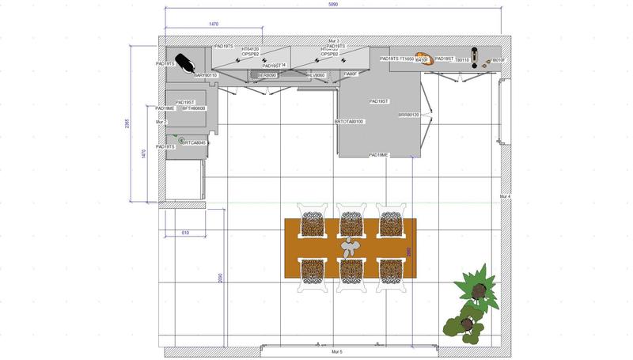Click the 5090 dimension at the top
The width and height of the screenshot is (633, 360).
(x=333, y=4)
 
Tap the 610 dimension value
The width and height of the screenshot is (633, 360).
(x=184, y=233)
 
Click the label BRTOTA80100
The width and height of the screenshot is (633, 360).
(x=349, y=122)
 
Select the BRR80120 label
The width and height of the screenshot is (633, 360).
(x=408, y=116)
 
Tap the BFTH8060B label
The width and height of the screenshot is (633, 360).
(x=194, y=108)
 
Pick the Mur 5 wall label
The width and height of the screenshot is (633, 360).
(x=335, y=351)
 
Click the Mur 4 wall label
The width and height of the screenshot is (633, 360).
(x=505, y=196)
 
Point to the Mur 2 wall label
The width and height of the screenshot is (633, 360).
(x=161, y=122)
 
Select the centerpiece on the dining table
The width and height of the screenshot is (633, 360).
(x=350, y=248)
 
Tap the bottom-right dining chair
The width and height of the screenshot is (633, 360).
(x=389, y=273)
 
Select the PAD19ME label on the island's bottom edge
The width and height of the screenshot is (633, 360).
(x=378, y=155)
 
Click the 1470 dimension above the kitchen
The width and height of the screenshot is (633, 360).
(x=214, y=25)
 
